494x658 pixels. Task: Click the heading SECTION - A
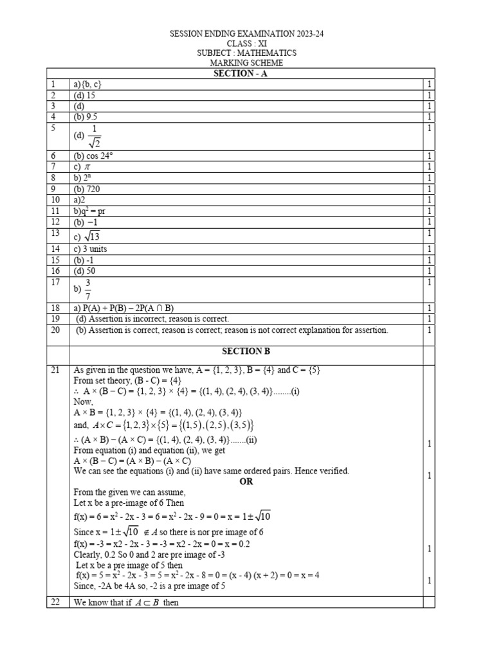point(247,74)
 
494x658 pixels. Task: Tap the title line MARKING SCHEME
point(247,63)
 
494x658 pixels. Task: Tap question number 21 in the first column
point(53,370)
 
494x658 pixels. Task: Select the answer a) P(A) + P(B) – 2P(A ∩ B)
point(125,308)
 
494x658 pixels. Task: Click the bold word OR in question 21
point(246,481)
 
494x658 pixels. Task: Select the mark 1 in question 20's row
point(428,330)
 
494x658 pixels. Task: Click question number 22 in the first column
point(53,602)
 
